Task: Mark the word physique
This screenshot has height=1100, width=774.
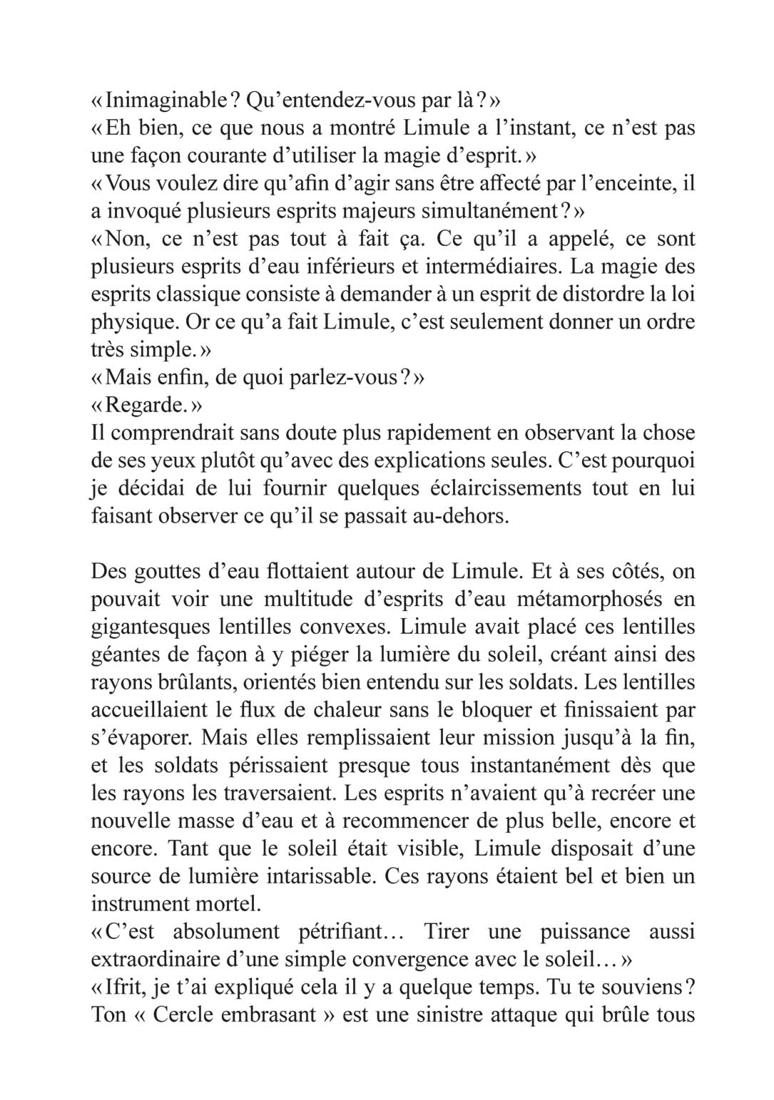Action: pyautogui.click(x=134, y=322)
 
